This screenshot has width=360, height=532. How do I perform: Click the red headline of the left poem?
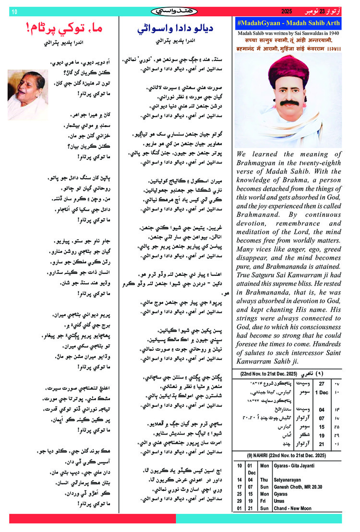[56, 29]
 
